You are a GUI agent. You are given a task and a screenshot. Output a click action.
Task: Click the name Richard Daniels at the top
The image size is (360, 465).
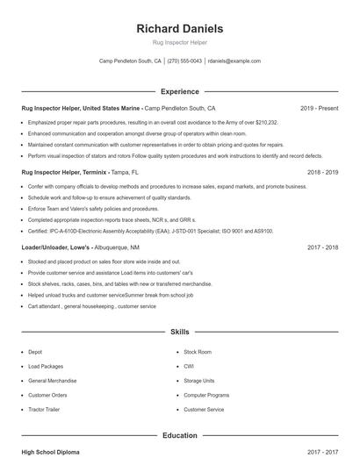(x=180, y=28)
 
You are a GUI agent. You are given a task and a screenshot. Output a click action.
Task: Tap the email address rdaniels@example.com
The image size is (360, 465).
(x=234, y=61)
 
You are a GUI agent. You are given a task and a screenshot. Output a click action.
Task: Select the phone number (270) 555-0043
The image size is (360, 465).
(x=184, y=61)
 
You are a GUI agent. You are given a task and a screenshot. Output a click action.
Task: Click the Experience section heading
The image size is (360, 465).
(x=180, y=91)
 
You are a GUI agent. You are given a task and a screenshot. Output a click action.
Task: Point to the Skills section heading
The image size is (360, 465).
(x=180, y=333)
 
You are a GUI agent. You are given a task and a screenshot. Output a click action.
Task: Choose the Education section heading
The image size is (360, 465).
(x=180, y=435)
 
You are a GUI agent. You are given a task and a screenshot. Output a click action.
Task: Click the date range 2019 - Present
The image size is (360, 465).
(x=319, y=109)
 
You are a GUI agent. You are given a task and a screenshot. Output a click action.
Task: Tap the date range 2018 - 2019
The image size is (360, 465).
(x=322, y=173)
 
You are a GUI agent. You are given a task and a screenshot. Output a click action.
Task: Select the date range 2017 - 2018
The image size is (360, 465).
(x=322, y=247)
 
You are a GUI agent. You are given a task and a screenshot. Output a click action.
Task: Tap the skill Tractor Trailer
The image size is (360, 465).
(x=45, y=410)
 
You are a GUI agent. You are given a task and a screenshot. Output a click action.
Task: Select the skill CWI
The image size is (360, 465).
(x=189, y=366)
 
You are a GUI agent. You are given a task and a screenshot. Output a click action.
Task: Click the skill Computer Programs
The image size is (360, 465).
(x=205, y=395)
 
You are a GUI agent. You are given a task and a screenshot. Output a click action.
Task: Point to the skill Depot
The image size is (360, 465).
(x=35, y=352)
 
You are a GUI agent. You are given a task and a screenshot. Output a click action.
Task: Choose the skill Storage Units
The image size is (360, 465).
(x=199, y=381)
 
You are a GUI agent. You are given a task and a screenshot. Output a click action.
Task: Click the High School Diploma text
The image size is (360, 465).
(x=50, y=453)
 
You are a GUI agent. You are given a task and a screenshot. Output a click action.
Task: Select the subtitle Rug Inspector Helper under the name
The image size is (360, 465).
(x=180, y=43)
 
